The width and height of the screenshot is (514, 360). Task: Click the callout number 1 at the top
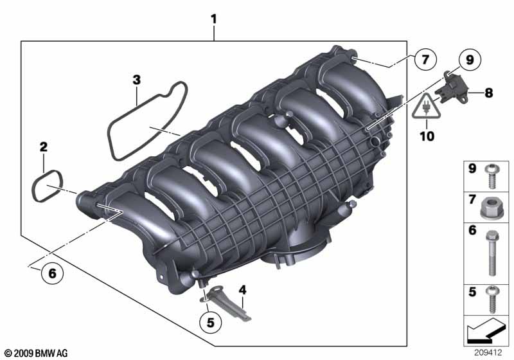coord(214,19)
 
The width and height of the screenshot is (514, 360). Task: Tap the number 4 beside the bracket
coord(242,290)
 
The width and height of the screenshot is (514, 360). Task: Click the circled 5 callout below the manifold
coord(211,322)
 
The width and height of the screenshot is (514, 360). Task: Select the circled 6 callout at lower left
coord(53,273)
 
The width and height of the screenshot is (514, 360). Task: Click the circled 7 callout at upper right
coord(425,59)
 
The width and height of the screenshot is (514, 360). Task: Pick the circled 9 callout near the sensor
coord(470,60)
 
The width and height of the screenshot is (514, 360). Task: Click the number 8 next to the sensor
coord(489,93)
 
